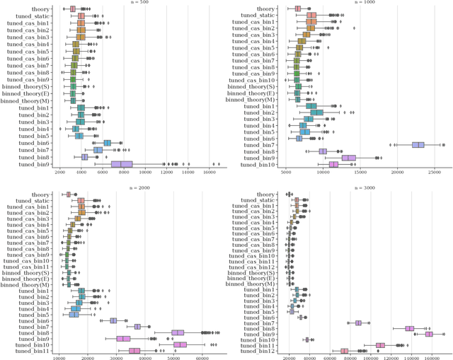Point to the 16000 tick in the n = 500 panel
pos(210,172)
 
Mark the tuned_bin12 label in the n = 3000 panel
pos(259,351)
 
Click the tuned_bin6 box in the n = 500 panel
pos(108,143)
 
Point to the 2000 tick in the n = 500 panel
pos(59,172)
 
